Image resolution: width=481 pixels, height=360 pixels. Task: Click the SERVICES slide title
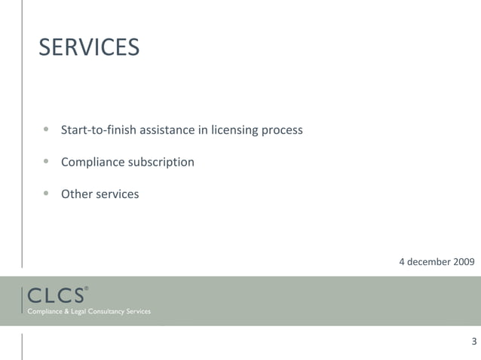coord(89,47)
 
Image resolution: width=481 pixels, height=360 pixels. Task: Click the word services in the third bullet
coord(117,194)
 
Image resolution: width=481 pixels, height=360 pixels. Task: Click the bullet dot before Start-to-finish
coord(46,129)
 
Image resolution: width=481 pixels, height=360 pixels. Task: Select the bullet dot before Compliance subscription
coord(46,160)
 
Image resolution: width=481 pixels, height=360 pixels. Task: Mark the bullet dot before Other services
coord(46,193)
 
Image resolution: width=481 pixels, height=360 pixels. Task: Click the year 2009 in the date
coord(462,261)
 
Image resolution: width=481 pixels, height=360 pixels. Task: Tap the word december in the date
coord(427,261)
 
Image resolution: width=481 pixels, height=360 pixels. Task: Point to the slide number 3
coord(473,341)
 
